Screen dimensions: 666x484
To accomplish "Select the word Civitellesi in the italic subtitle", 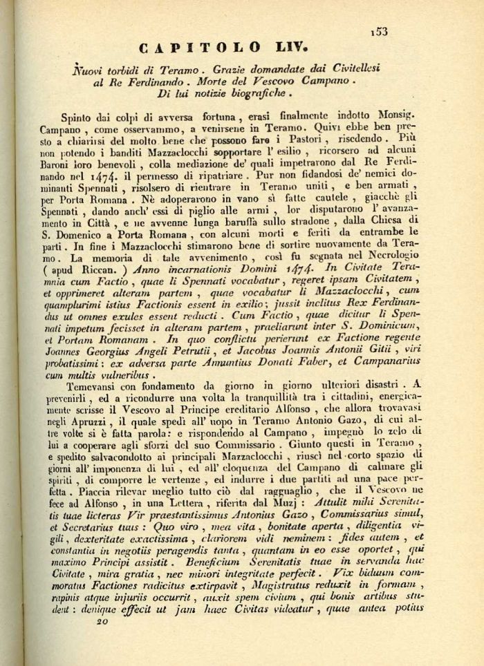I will pos(352,68).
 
